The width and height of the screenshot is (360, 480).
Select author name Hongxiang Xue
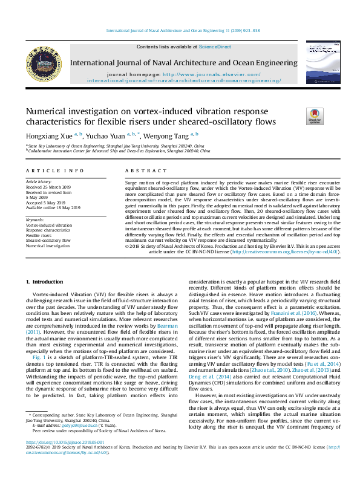pyautogui.click(x=48, y=136)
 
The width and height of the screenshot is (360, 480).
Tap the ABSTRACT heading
pyautogui.click(x=139, y=171)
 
